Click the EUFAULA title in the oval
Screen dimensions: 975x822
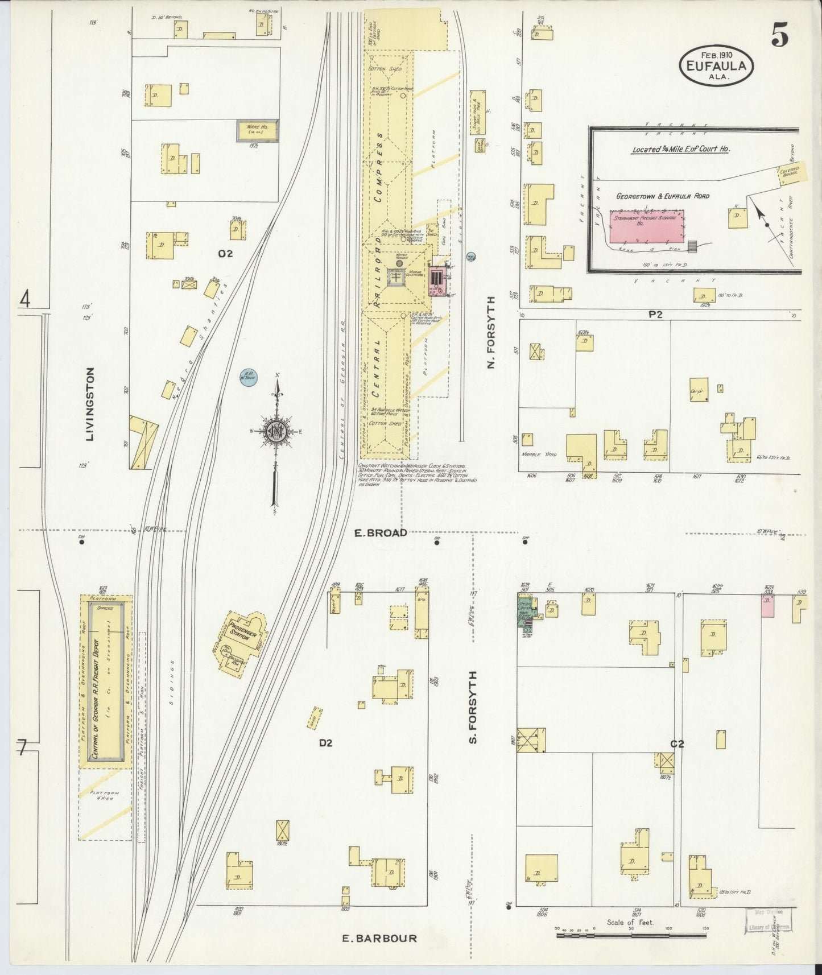click(x=716, y=65)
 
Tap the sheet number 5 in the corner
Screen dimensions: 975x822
click(x=780, y=37)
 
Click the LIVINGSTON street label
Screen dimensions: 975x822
click(x=89, y=404)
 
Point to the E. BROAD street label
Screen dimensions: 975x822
click(x=381, y=533)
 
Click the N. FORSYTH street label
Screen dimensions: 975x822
click(x=491, y=332)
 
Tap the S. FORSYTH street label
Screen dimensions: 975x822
click(x=473, y=707)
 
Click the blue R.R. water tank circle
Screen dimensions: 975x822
click(x=247, y=377)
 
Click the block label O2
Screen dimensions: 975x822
click(x=225, y=254)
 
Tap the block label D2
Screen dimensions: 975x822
click(x=325, y=743)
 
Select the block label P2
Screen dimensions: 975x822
click(x=656, y=314)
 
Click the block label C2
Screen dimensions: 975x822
click(x=677, y=744)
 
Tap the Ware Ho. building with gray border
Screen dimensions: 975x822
click(x=258, y=131)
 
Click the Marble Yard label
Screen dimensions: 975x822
click(x=536, y=455)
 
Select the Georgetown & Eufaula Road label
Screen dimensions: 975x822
click(x=663, y=196)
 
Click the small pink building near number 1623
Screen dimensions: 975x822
click(x=767, y=606)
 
